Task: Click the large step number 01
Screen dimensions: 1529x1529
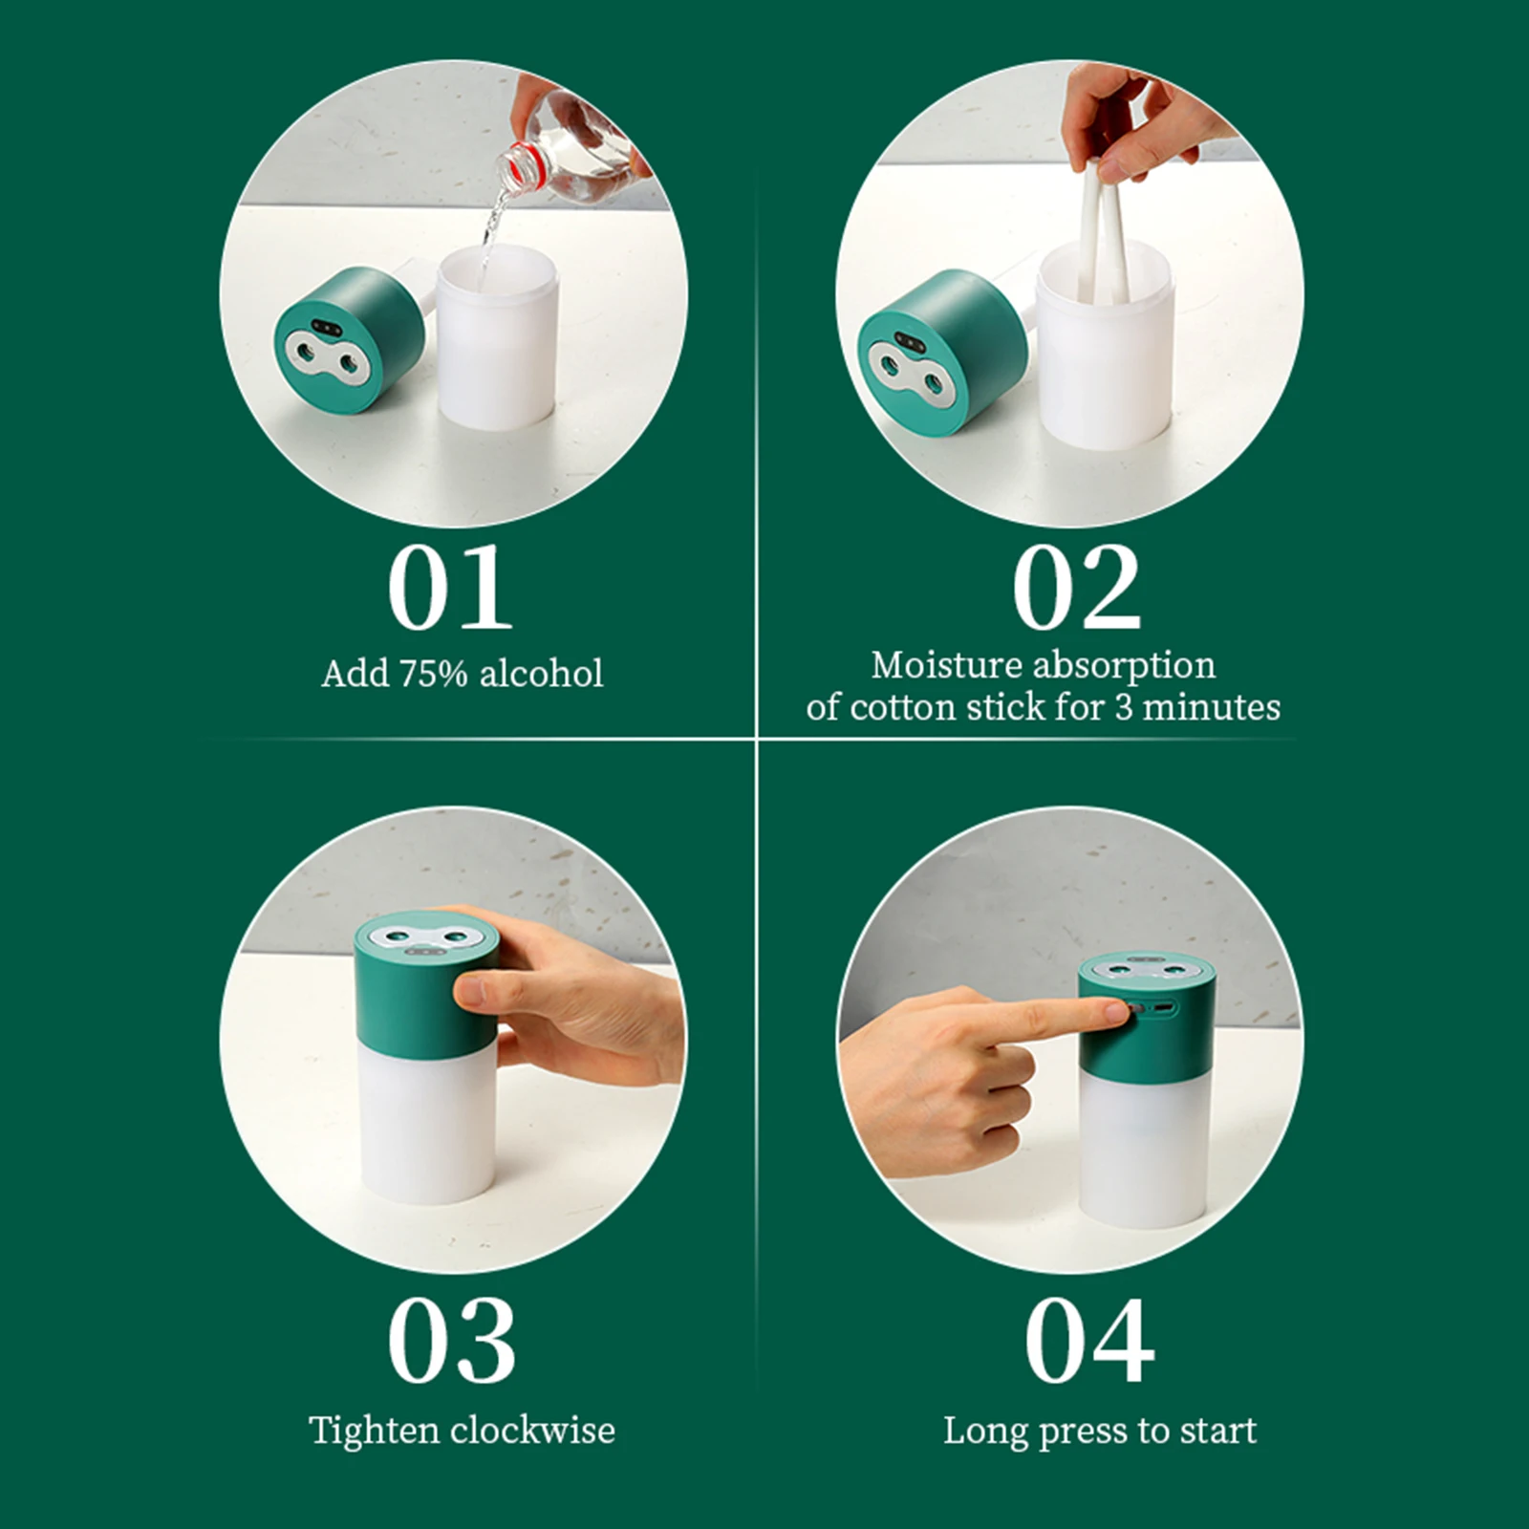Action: [449, 588]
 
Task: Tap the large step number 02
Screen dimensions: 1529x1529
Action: [1076, 588]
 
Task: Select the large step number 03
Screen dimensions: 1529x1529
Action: [451, 1340]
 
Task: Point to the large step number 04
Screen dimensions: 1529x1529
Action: [1089, 1340]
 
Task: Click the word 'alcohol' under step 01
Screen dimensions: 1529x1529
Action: [541, 674]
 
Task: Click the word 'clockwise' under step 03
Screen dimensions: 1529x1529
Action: [532, 1431]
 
